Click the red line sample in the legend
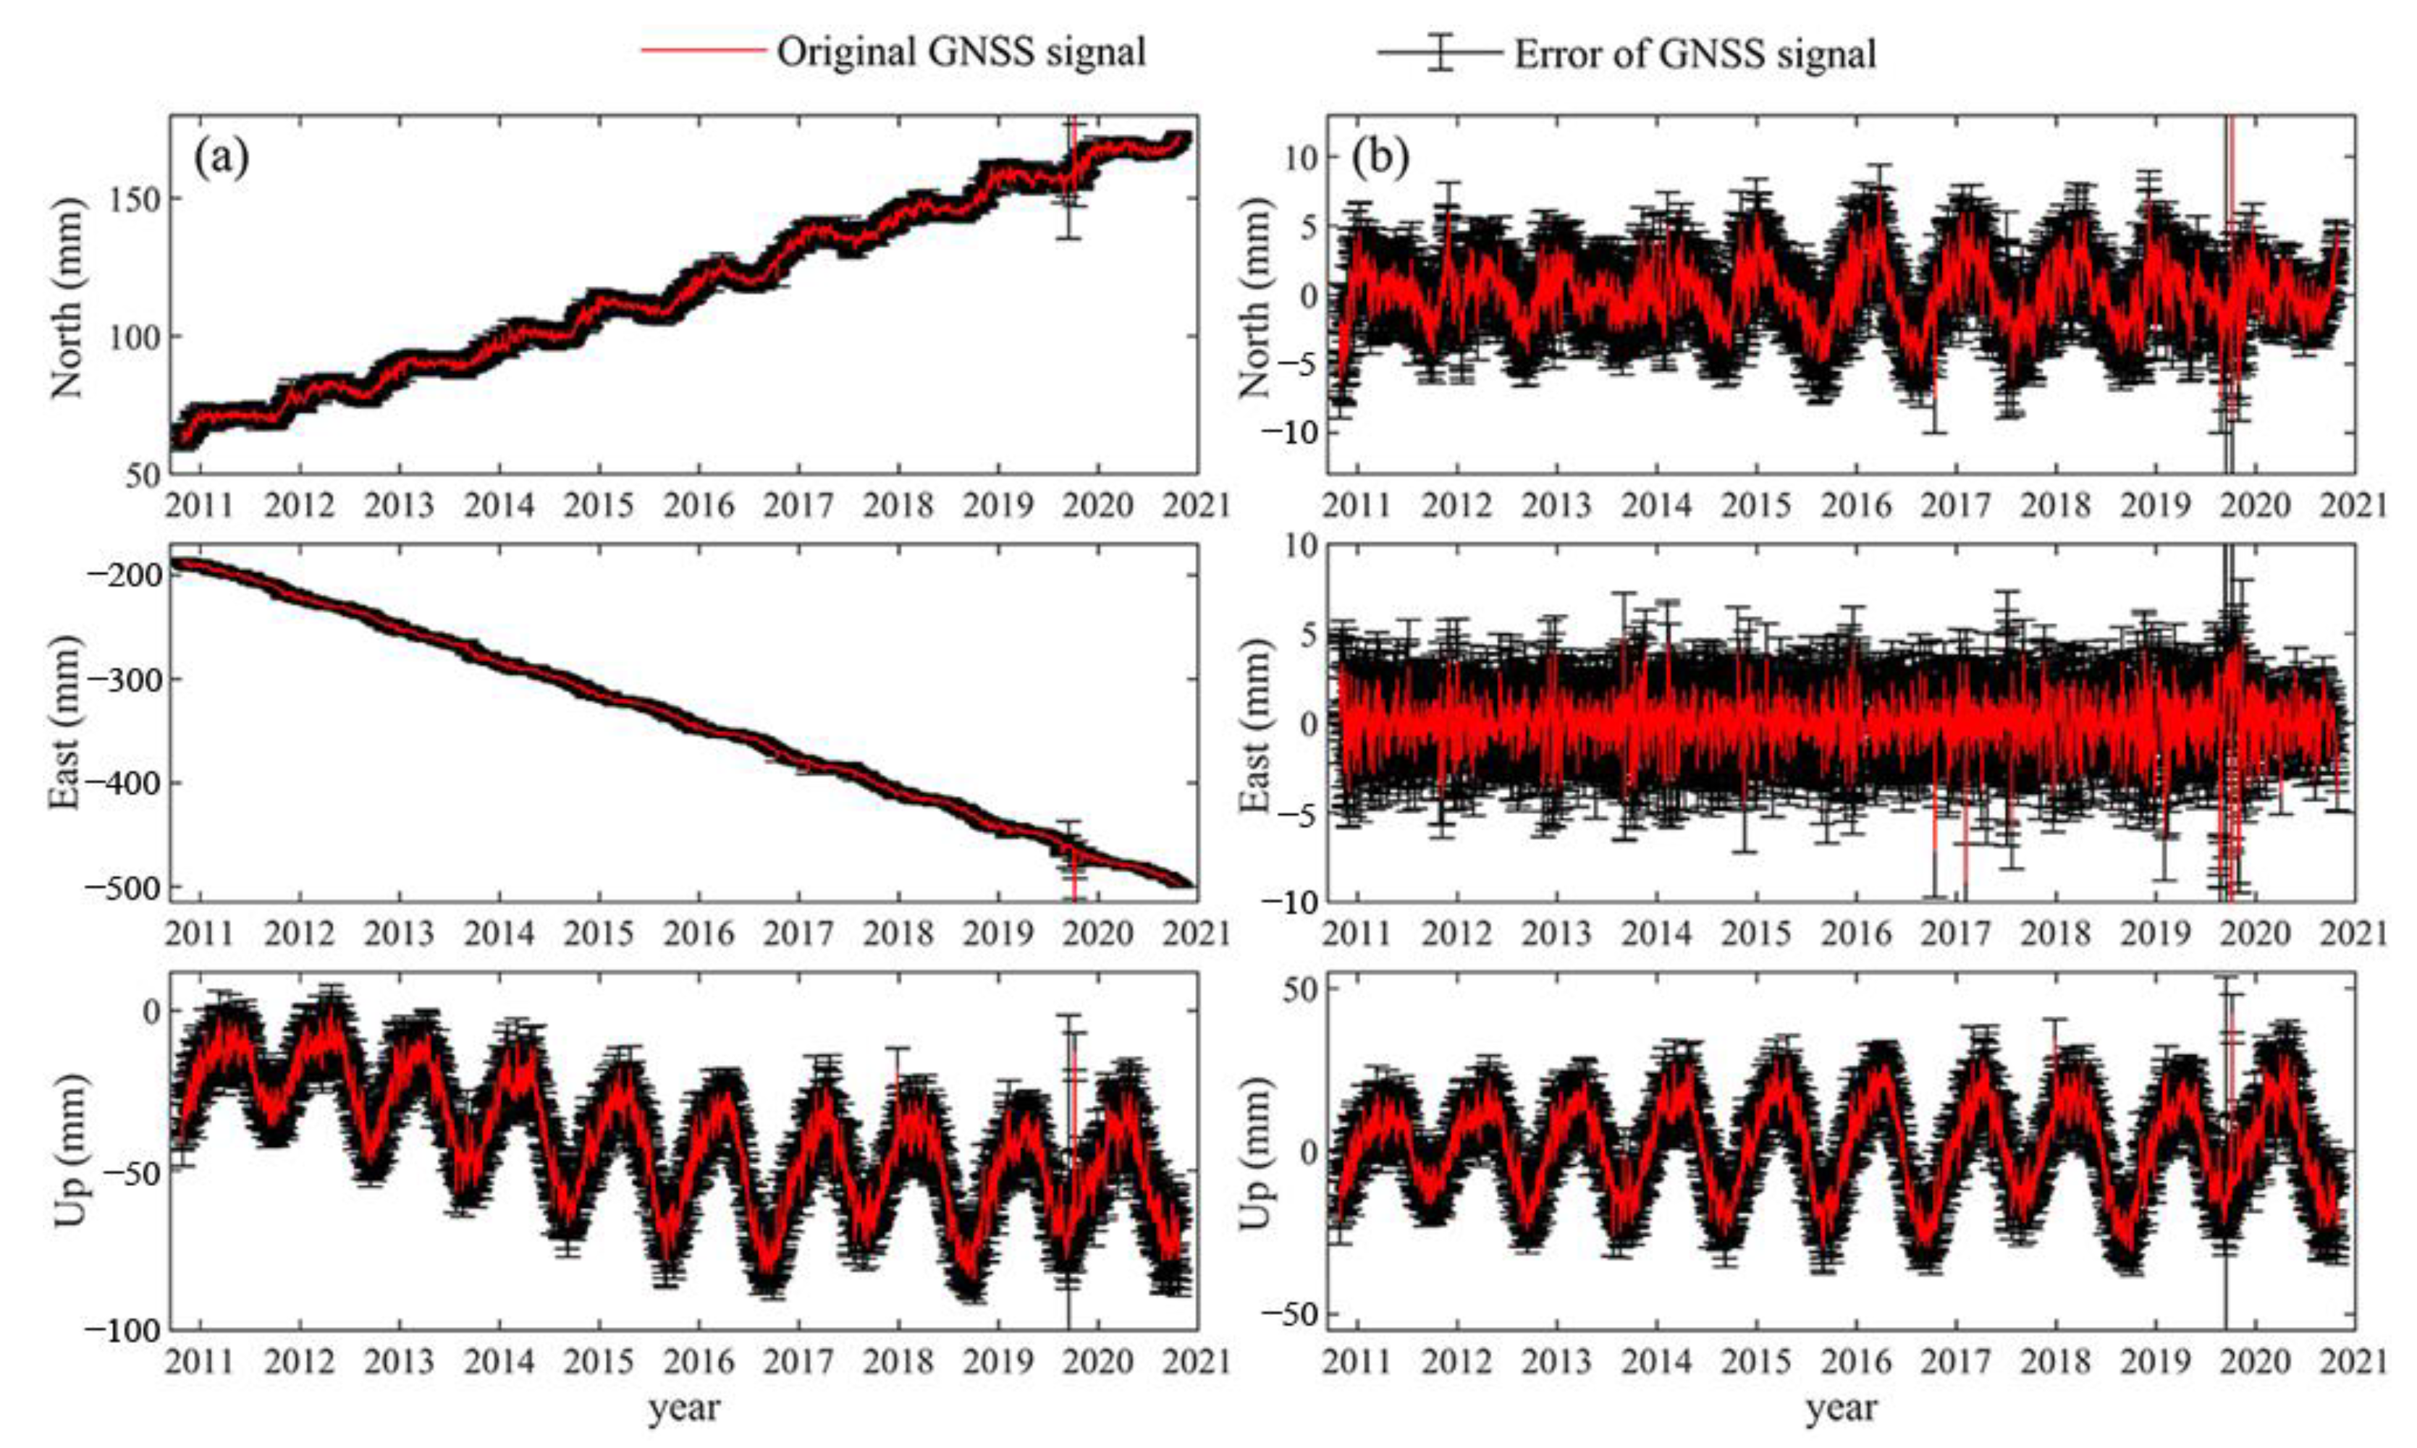pos(704,51)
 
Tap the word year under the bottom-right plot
pos(1840,1407)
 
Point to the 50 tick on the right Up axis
pos(1290,988)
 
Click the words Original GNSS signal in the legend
pos(961,51)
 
